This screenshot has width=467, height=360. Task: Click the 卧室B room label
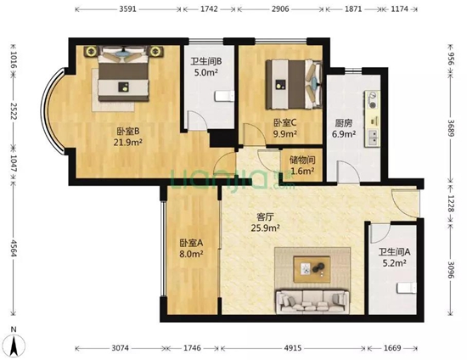pos(128,131)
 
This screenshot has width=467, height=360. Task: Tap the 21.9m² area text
pos(128,142)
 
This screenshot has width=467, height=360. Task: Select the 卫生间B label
pos(206,61)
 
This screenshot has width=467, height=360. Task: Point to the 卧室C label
pos(284,122)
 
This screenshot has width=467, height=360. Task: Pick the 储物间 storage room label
pos(302,160)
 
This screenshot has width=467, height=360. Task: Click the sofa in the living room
pos(312,299)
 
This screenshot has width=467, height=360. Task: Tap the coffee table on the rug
pos(312,269)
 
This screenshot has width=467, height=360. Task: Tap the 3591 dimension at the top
pos(127,8)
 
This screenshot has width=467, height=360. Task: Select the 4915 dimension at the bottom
pos(291,349)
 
